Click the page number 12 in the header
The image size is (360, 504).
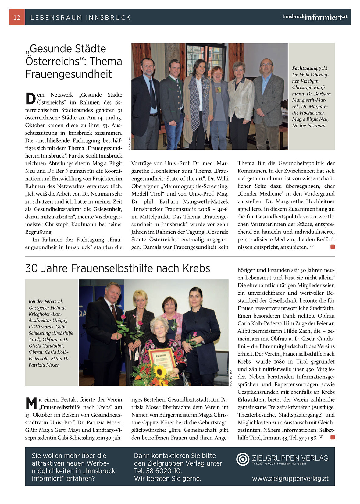pyautogui.click(x=17, y=17)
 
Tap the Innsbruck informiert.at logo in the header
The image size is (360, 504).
pyautogui.click(x=314, y=17)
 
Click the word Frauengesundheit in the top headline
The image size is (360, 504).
pyautogui.click(x=69, y=74)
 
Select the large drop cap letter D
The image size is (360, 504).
pyautogui.click(x=30, y=98)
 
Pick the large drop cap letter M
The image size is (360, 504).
pyautogui.click(x=31, y=403)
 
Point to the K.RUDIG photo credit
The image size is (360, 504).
pyautogui.click(x=130, y=143)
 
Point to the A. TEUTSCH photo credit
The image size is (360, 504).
pyautogui.click(x=231, y=378)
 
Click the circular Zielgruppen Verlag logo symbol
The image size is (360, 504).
pyautogui.click(x=243, y=459)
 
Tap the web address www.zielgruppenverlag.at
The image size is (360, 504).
pyautogui.click(x=290, y=478)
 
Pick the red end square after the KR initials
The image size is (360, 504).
pyautogui.click(x=333, y=247)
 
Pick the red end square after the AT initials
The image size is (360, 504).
pyautogui.click(x=333, y=437)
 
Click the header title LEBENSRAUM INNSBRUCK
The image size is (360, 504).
pyautogui.click(x=80, y=17)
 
